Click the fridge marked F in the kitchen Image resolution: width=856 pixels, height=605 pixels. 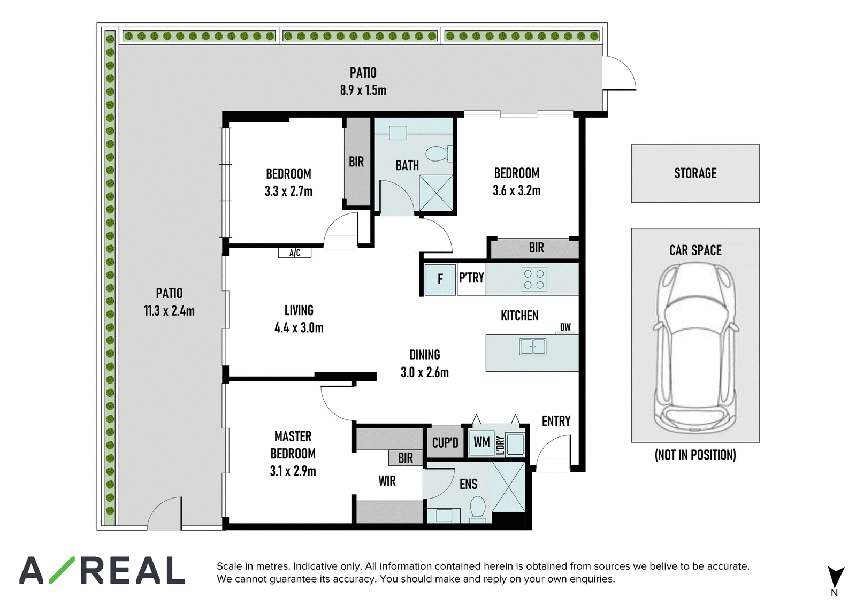tap(440, 279)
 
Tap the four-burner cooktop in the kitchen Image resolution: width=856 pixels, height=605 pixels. tap(534, 279)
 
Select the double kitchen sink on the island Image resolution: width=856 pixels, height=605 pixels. tap(533, 347)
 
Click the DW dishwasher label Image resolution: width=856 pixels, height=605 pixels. tap(565, 327)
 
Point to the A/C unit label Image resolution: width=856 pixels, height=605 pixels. tap(295, 252)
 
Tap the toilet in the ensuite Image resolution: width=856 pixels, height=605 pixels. tap(477, 509)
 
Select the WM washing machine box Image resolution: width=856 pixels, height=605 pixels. tap(482, 442)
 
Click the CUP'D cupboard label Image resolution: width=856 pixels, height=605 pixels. tap(445, 442)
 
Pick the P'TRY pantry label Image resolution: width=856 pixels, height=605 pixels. tap(471, 278)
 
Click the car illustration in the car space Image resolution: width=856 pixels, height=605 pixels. tap(695, 347)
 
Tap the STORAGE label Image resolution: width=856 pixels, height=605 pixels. tap(695, 173)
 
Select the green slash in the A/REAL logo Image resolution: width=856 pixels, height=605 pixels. tap(62, 570)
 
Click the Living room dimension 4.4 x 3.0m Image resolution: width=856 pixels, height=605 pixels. tap(299, 327)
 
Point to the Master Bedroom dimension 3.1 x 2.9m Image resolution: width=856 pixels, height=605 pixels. tap(293, 471)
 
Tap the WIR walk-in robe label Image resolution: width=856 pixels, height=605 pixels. tap(387, 481)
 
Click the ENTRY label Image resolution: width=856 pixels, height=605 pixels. tap(556, 421)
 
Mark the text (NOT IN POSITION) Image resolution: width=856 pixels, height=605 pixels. tap(695, 455)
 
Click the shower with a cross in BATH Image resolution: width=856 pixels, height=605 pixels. tap(436, 193)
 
